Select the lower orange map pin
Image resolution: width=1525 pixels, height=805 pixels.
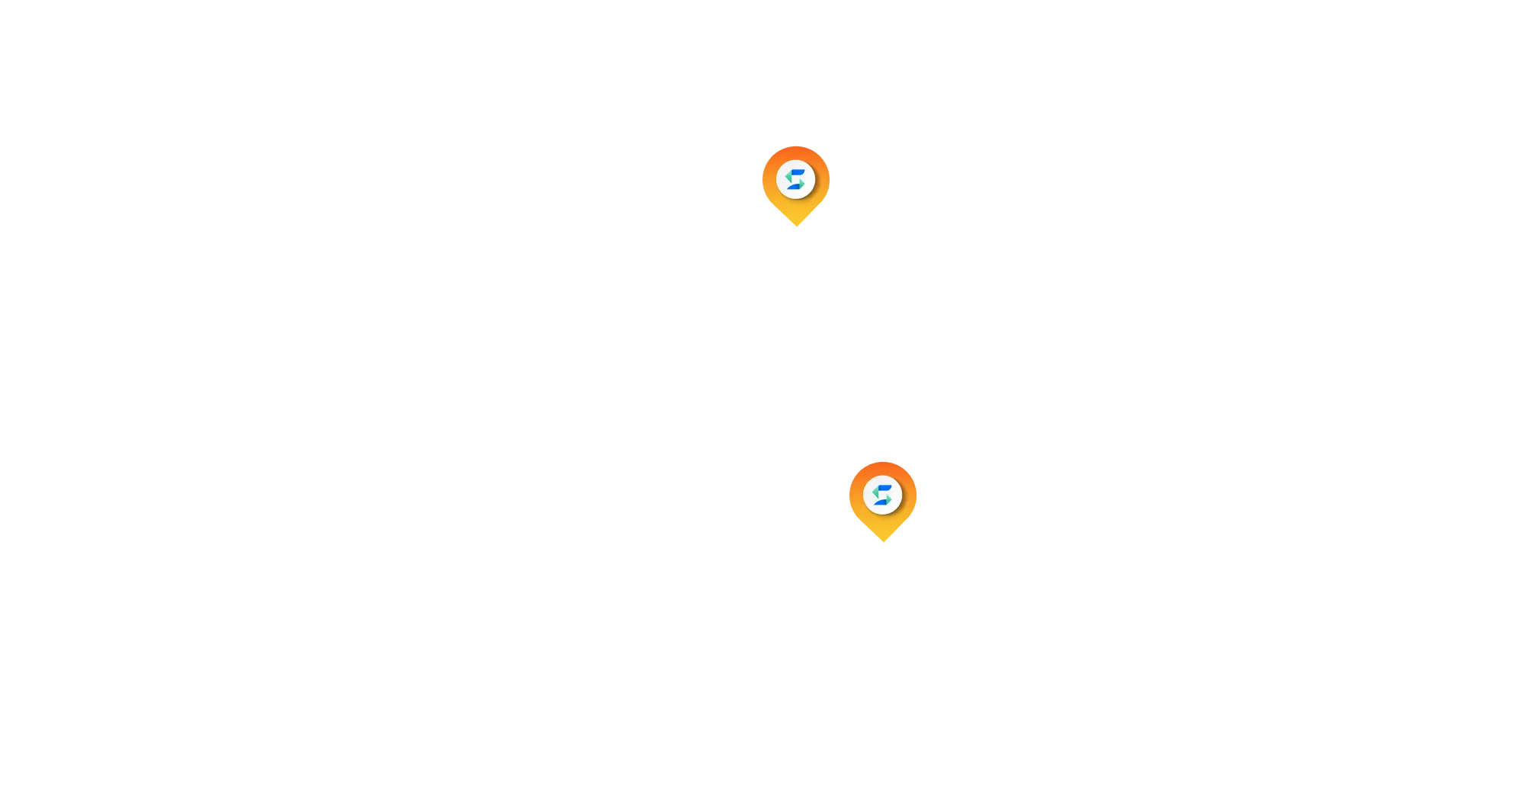[882, 499]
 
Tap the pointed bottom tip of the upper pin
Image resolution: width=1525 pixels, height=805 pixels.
[796, 228]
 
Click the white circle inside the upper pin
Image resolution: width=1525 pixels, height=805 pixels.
[796, 180]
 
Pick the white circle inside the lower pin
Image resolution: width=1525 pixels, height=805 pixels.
[882, 495]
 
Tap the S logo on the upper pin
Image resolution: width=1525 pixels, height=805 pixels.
[796, 180]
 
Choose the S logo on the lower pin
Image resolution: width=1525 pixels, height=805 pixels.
[882, 495]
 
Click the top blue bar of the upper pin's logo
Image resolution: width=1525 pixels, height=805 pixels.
[797, 173]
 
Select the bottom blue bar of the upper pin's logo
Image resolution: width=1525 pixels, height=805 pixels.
[795, 187]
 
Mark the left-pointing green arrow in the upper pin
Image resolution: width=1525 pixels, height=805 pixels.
[789, 178]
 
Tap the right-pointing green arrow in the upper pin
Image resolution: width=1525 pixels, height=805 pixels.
[801, 183]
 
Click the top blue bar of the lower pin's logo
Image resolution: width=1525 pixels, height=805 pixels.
[884, 488]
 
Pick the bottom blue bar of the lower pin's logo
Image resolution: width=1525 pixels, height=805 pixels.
[881, 502]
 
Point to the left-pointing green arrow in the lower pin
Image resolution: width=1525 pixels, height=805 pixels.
[876, 492]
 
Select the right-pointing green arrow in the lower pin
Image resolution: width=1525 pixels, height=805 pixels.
[888, 498]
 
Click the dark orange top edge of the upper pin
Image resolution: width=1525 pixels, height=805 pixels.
[796, 150]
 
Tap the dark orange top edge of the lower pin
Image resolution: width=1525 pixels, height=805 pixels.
[882, 464]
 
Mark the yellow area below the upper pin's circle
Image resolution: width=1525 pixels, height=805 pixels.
[796, 211]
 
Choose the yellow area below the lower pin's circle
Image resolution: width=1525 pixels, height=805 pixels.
[882, 525]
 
